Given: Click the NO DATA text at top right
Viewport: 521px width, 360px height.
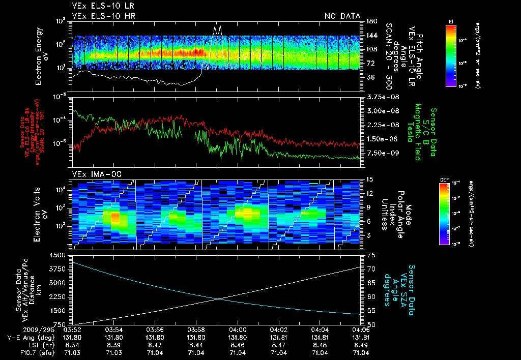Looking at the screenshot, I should coord(342,16).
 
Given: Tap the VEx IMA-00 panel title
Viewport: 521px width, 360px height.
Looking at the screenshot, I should coord(90,174).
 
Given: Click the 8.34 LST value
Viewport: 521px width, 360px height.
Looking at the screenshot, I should coord(72,345).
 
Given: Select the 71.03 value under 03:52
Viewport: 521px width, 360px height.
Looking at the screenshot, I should coord(72,352).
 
